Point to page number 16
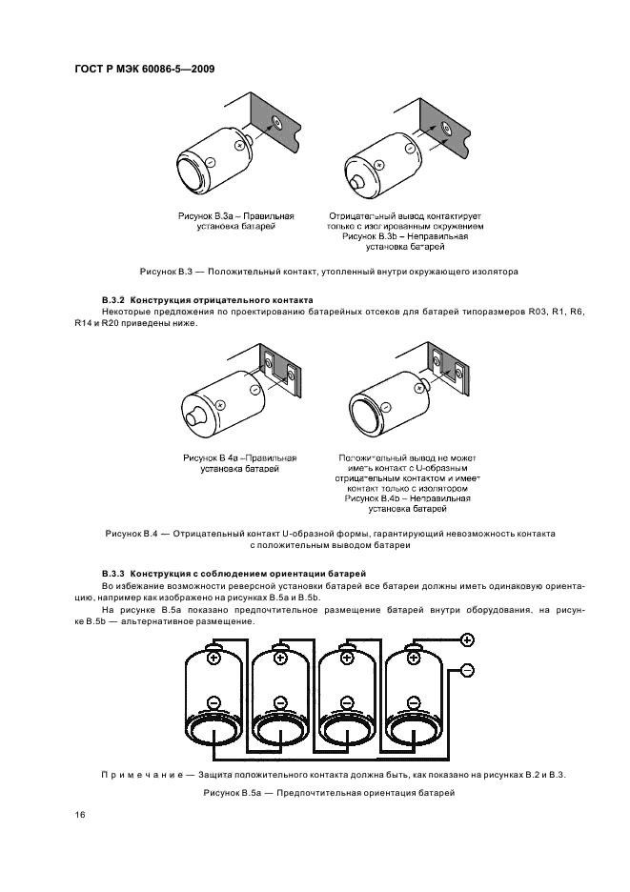[x=79, y=816]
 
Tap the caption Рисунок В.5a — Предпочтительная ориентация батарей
[x=329, y=793]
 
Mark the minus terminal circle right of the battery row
[x=467, y=670]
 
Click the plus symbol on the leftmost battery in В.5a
[x=213, y=659]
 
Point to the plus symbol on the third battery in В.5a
[x=348, y=659]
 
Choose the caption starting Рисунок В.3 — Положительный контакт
[x=329, y=272]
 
